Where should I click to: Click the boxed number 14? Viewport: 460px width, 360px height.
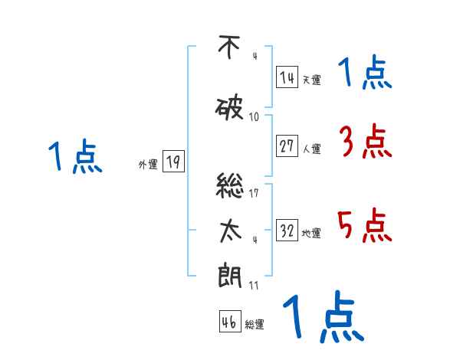(287, 77)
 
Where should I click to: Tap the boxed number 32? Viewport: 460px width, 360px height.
(287, 231)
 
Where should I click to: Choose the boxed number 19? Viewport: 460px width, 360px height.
(173, 162)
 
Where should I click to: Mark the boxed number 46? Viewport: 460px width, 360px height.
(229, 322)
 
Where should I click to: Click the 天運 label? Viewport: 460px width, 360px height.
(311, 80)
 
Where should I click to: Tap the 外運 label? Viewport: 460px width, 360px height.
(147, 164)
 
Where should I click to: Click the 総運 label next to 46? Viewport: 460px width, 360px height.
(255, 325)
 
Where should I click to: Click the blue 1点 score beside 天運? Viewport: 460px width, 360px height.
(365, 74)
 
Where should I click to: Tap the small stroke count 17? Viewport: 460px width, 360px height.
(254, 193)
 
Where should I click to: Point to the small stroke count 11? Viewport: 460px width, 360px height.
(254, 285)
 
